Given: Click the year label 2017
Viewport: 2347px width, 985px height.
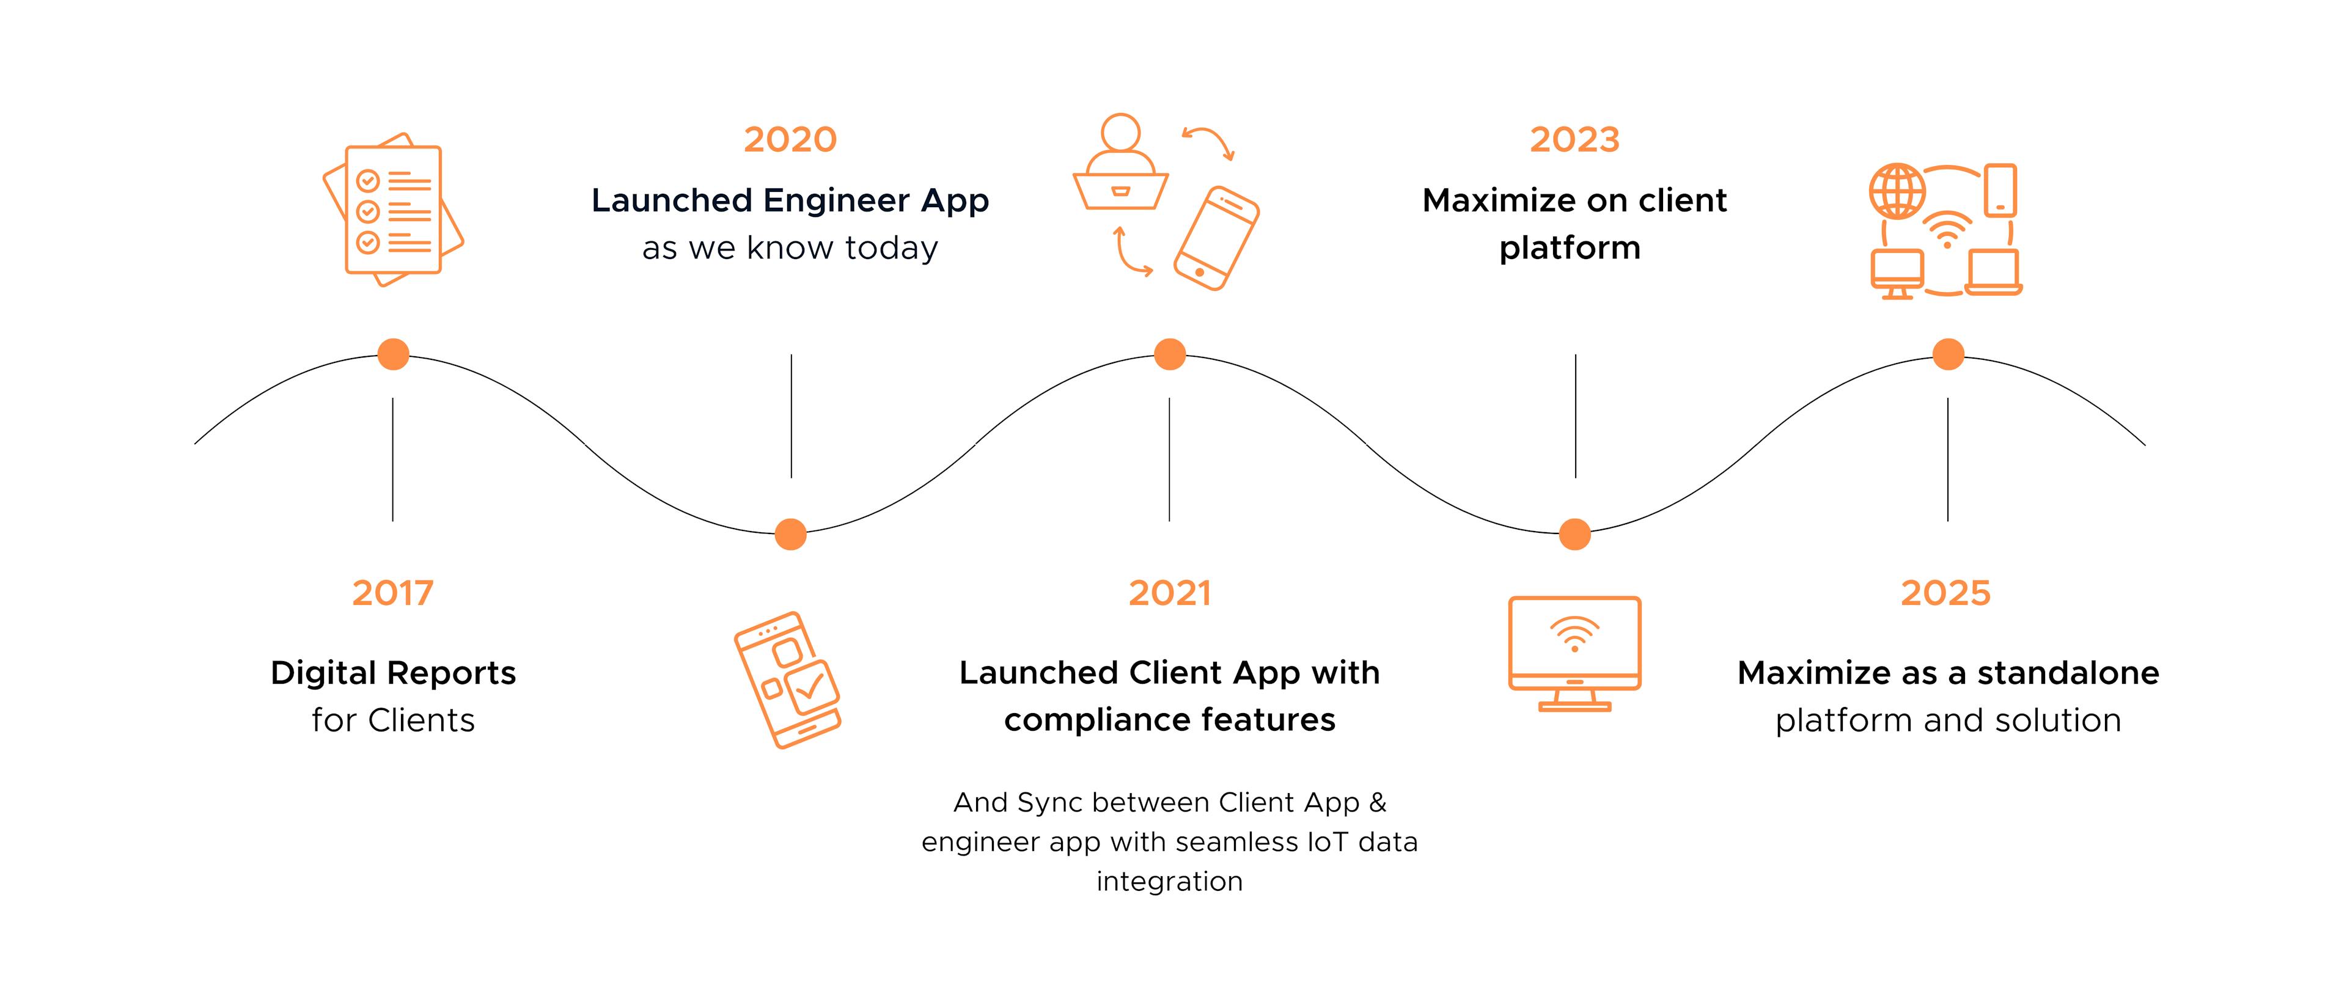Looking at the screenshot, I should click(x=392, y=593).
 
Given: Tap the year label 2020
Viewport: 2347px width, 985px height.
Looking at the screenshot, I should click(x=790, y=139).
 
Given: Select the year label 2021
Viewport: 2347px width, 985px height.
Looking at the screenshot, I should click(x=1170, y=593).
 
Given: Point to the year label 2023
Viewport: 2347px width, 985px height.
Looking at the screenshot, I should click(x=1574, y=139).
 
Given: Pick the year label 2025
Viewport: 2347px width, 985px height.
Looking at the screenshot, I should click(x=1945, y=593).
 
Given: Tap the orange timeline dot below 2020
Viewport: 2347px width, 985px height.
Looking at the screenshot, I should click(x=790, y=534).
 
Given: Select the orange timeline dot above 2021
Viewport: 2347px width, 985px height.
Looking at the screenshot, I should click(x=1170, y=354).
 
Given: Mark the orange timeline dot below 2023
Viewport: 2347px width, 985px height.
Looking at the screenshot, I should click(x=1574, y=534).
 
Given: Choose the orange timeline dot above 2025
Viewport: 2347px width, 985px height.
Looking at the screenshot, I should click(x=1948, y=354).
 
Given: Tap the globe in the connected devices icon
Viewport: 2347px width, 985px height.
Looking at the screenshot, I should click(x=1897, y=191).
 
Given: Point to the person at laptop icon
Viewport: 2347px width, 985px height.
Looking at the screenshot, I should click(x=1121, y=164).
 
